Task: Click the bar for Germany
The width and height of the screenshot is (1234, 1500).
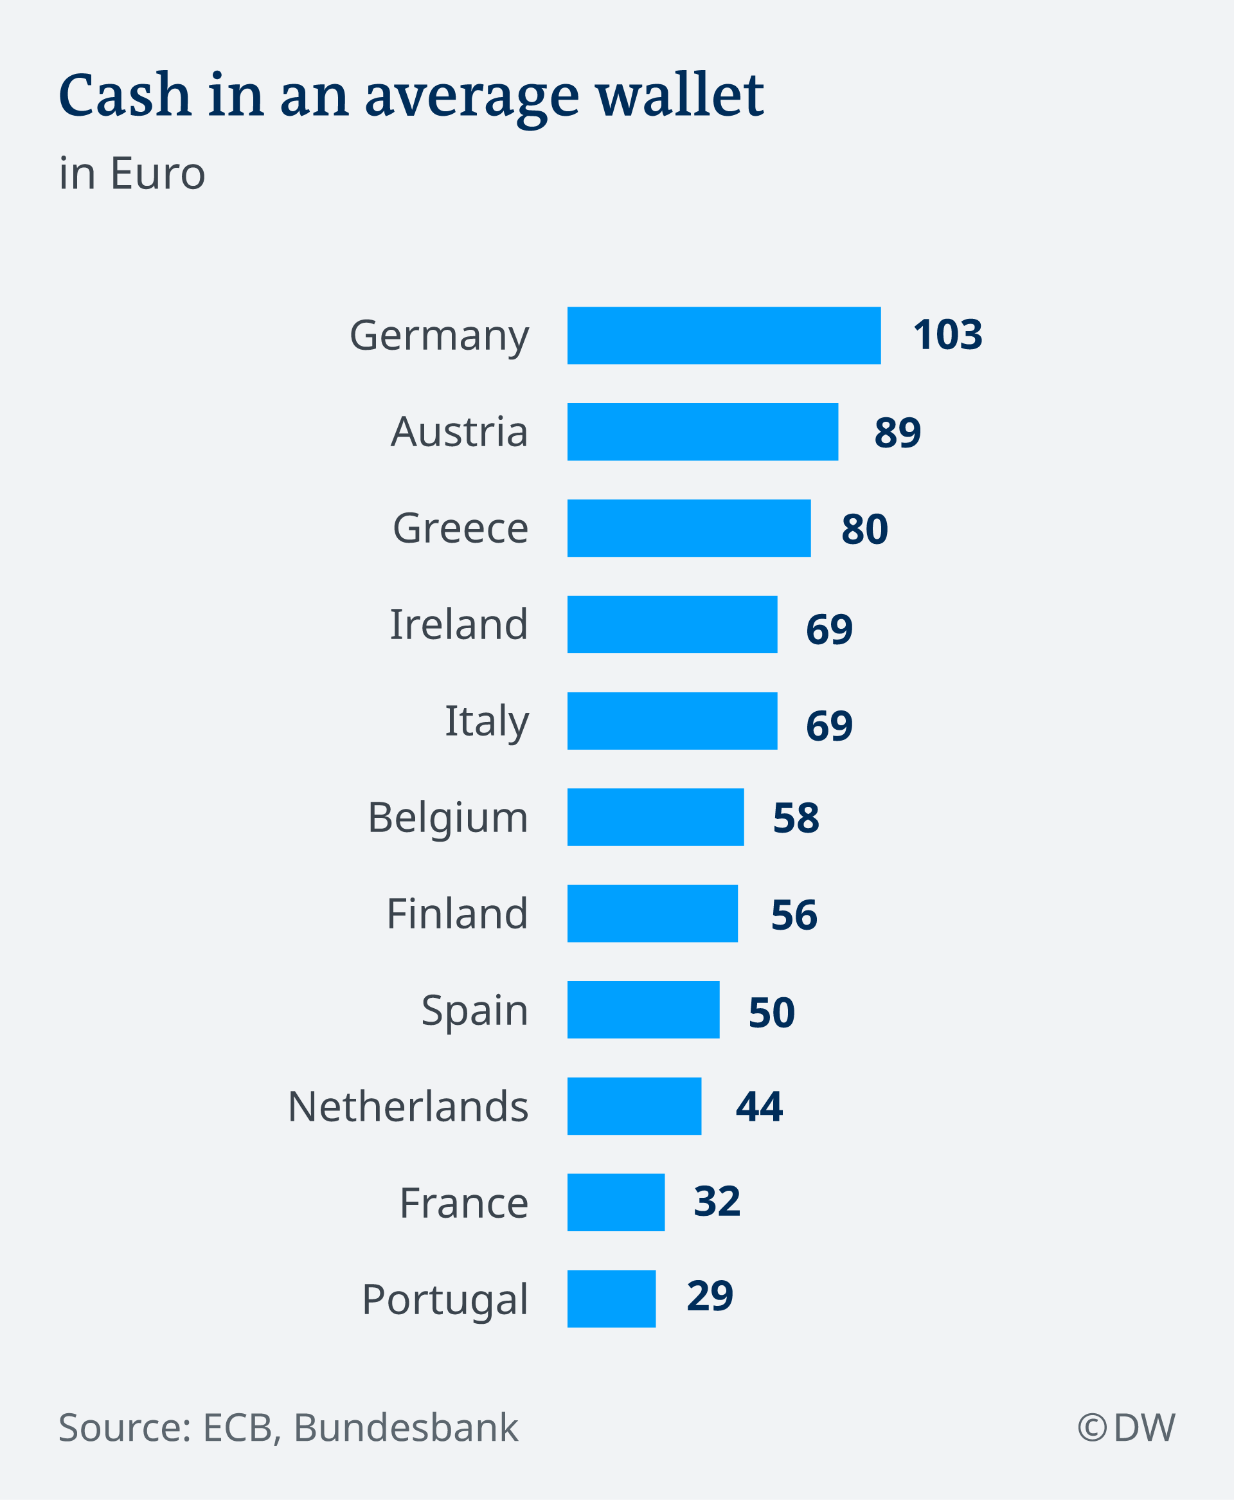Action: [724, 336]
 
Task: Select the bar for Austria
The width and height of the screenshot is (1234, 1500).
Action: [702, 431]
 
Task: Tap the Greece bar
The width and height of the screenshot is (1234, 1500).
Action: [689, 529]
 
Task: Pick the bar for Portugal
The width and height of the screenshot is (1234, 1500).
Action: [611, 1299]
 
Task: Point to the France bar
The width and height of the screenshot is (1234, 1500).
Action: [616, 1202]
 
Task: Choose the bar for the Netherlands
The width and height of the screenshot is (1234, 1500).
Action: [634, 1106]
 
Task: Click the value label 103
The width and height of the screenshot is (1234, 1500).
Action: [947, 335]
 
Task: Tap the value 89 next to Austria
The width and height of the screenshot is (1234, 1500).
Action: [897, 432]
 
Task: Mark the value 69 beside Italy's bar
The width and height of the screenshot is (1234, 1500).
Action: [829, 726]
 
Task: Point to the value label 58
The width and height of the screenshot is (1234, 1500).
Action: [796, 818]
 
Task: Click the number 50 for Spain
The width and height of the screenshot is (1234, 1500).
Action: [771, 1012]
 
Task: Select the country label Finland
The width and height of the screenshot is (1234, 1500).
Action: [457, 914]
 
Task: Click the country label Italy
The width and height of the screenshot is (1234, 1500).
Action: [487, 721]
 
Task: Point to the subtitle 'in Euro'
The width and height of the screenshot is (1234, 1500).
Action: [132, 174]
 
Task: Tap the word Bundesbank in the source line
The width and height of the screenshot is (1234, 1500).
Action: [406, 1427]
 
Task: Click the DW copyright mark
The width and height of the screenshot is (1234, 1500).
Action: [1126, 1427]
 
